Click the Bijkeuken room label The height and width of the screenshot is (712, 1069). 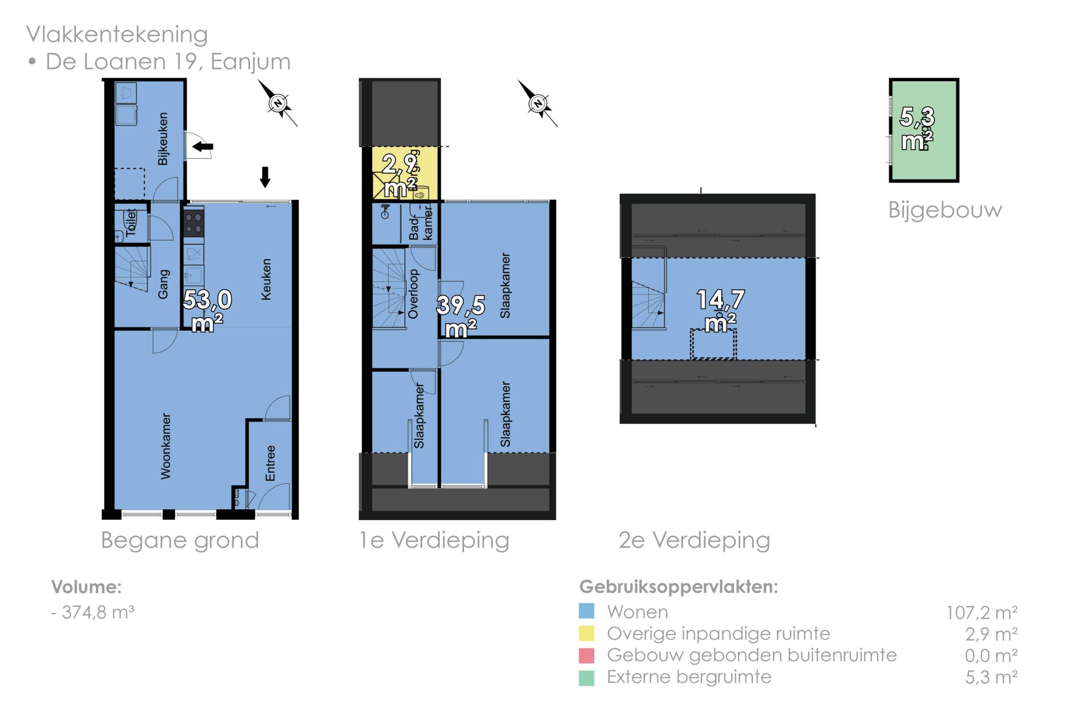(x=163, y=138)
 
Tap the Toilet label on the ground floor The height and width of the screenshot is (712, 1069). (x=131, y=222)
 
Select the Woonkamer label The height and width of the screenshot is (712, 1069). (x=166, y=446)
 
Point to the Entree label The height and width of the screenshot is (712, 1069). (x=271, y=463)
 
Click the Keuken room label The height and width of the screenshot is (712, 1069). (x=266, y=279)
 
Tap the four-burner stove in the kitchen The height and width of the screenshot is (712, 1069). (x=194, y=223)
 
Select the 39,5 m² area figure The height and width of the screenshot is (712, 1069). (x=461, y=316)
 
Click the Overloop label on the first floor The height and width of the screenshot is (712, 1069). (x=413, y=294)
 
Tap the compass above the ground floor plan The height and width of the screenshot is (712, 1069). (x=278, y=103)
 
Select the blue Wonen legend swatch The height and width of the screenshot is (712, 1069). (x=586, y=611)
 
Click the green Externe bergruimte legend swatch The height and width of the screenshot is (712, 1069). (x=586, y=677)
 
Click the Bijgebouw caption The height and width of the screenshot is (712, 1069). (x=945, y=210)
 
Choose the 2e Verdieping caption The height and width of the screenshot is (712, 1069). (x=694, y=540)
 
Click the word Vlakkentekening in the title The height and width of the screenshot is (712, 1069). (x=117, y=35)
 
